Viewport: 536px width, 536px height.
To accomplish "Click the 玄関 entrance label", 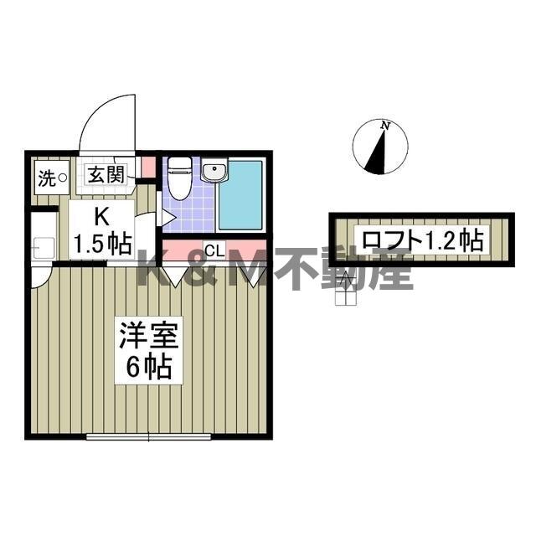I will point(106,175).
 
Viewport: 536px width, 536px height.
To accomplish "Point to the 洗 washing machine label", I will point(46,178).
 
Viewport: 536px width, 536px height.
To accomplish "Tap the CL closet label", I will point(214,250).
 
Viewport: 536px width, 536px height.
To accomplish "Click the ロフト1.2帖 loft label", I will point(422,240).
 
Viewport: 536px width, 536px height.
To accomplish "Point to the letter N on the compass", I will point(385,126).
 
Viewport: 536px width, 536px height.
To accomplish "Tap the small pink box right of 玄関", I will point(148,167).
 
